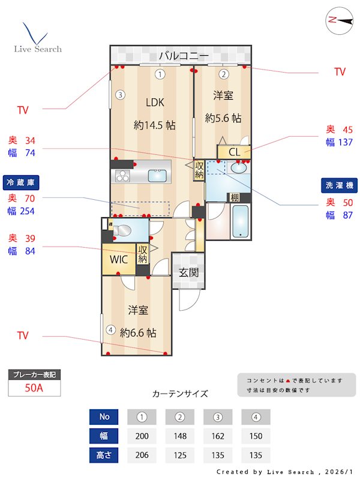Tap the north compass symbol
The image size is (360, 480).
[x=339, y=20]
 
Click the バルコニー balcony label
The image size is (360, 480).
[x=184, y=56]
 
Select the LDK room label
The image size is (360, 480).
[x=154, y=101]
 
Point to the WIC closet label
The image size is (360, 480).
[x=118, y=260]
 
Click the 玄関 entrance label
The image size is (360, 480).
[x=188, y=272]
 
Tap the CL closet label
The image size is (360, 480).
[x=234, y=152]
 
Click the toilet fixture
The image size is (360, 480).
[x=125, y=229]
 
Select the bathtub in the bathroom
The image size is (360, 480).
[x=241, y=221]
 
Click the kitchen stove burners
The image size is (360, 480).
[x=123, y=176]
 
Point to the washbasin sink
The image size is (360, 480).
[x=239, y=168]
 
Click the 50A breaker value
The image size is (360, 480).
[x=34, y=388]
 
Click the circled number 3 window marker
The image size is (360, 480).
[x=120, y=94]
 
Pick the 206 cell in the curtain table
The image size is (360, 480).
[x=142, y=455]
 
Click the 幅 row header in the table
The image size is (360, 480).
[x=104, y=436]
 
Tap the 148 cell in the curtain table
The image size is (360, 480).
[x=180, y=436]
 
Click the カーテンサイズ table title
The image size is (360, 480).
[x=180, y=394]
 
